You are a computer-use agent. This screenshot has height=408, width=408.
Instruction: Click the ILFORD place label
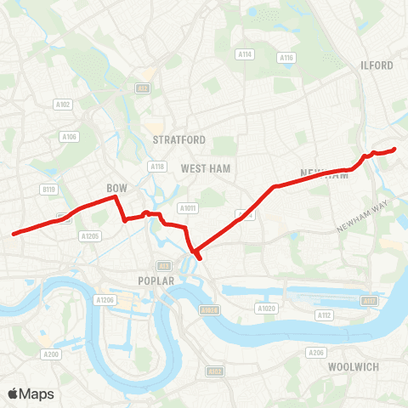[x=377, y=65]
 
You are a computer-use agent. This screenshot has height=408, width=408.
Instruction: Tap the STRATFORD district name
[x=180, y=139]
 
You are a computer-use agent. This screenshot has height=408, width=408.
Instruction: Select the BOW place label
[x=116, y=187]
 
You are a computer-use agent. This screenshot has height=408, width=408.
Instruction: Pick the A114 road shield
[x=246, y=54]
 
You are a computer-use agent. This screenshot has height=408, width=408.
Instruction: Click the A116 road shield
[x=286, y=57]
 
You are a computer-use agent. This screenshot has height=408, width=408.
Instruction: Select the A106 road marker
[x=69, y=136]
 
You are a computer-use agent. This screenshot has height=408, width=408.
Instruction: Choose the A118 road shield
[x=157, y=167]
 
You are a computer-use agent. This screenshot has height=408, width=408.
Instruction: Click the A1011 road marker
[x=188, y=207]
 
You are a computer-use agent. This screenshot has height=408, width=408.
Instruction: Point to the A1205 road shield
[x=88, y=236]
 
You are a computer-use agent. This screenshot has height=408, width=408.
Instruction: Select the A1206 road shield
[x=105, y=300]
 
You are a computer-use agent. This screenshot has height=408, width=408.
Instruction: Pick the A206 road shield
[x=316, y=352]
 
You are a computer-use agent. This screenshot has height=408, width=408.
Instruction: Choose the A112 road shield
[x=324, y=315]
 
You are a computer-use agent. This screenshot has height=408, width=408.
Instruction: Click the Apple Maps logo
[x=31, y=394]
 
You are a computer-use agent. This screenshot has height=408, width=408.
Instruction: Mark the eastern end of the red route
[x=395, y=150]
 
